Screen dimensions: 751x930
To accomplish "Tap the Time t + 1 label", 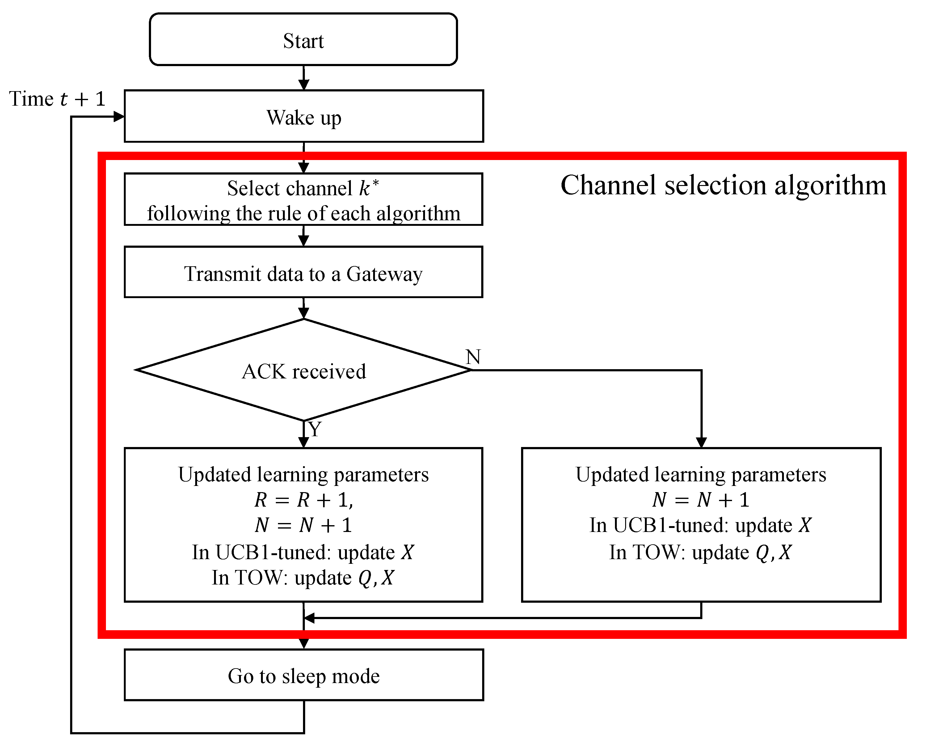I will pyautogui.click(x=57, y=99).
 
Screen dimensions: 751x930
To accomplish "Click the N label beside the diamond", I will pyautogui.click(x=473, y=357).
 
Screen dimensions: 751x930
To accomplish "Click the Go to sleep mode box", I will pyautogui.click(x=304, y=676).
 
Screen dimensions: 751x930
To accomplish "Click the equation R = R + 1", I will pyautogui.click(x=304, y=500).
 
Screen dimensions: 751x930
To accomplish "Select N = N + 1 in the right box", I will pyautogui.click(x=701, y=500).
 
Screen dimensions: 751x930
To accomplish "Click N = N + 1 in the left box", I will pyautogui.click(x=304, y=525).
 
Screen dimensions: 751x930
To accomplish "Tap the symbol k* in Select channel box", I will pyautogui.click(x=368, y=188).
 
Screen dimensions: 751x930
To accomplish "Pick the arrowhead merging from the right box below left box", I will pyautogui.click(x=309, y=618).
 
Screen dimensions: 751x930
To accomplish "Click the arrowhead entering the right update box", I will pyautogui.click(x=701, y=442).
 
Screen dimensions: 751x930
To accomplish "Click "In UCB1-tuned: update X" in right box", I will pyautogui.click(x=701, y=525).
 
